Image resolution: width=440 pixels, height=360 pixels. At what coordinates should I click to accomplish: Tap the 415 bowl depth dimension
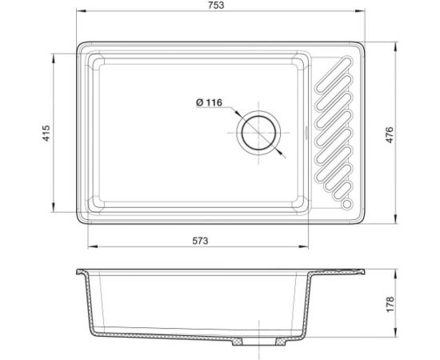[x=46, y=131]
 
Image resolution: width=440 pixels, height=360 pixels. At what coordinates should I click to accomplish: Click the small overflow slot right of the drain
[x=306, y=131]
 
